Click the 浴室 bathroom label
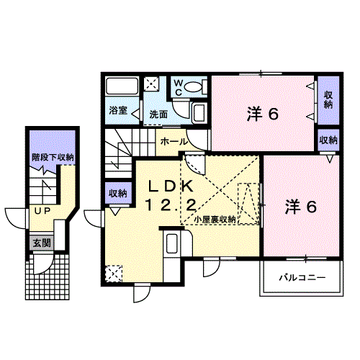click(118, 110)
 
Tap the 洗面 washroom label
click(158, 114)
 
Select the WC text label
click(179, 88)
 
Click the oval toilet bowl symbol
click(194, 87)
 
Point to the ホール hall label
click(174, 142)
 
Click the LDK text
click(171, 186)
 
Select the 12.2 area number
click(171, 205)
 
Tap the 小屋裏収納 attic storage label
click(215, 220)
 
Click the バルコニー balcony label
click(302, 278)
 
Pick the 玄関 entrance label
click(42, 243)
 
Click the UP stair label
click(42, 211)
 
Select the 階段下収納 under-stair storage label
click(53, 158)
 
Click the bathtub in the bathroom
click(122, 86)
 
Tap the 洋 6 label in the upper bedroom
click(263, 114)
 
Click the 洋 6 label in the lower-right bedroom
click(301, 207)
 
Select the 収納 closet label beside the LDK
click(118, 194)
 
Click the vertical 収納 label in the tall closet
click(328, 100)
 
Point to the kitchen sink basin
click(172, 244)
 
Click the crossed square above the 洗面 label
click(151, 84)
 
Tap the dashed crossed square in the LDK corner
click(114, 274)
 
